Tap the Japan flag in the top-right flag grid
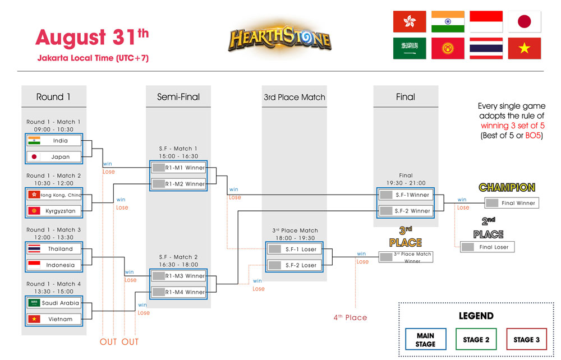(525, 21)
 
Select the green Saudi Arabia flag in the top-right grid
(410, 48)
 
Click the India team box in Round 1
(54, 141)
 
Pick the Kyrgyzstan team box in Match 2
(54, 211)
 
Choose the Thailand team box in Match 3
(54, 249)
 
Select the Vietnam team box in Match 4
(54, 319)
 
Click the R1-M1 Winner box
(178, 168)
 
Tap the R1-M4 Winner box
(178, 292)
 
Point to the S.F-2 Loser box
(296, 265)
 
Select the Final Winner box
(512, 203)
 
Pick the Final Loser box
(487, 247)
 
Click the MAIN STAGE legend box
(425, 340)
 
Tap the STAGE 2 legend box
(476, 340)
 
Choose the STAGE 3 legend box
(526, 340)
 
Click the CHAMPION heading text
(507, 187)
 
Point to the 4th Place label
(350, 317)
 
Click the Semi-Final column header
(178, 97)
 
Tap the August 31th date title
(92, 38)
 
